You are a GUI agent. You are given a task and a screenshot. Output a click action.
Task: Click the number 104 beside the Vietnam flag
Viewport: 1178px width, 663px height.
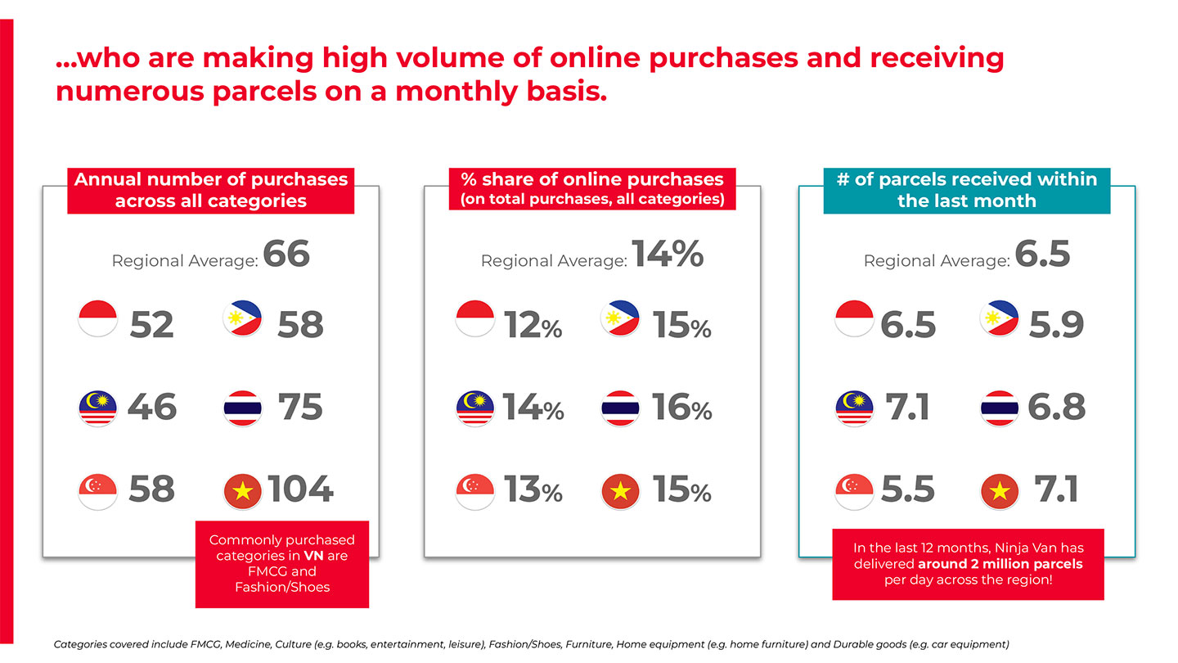300,489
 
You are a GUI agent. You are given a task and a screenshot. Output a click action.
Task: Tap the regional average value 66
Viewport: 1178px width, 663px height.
286,254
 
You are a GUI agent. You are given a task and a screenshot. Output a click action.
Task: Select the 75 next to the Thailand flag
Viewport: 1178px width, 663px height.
299,407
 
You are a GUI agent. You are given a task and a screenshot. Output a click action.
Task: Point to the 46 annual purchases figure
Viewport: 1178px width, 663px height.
152,407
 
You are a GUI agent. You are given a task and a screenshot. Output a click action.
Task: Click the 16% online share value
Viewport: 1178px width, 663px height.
681,408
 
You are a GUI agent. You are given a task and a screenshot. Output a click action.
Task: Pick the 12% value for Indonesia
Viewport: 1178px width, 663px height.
533,325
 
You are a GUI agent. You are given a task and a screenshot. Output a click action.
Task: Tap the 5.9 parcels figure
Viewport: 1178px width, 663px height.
1056,325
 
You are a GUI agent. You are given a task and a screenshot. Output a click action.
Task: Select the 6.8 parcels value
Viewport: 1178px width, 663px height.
1056,407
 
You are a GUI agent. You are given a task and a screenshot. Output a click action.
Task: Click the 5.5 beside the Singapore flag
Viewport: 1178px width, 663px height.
908,489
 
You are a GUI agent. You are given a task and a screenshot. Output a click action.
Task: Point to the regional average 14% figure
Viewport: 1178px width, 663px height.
668,254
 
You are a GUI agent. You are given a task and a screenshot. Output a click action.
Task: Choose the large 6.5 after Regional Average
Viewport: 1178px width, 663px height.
1042,254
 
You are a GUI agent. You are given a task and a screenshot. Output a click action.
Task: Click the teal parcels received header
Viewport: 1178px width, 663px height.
967,191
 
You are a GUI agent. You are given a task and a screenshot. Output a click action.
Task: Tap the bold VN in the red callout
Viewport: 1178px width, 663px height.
313,556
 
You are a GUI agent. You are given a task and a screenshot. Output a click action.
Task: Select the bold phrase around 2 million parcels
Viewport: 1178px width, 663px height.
1000,563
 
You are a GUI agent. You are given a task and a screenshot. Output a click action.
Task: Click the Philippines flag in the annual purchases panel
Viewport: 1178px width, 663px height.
242,318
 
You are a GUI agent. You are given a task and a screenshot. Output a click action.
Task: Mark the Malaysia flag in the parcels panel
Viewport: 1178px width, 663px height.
854,408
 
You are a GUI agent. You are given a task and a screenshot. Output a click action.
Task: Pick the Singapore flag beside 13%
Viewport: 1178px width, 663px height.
474,492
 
